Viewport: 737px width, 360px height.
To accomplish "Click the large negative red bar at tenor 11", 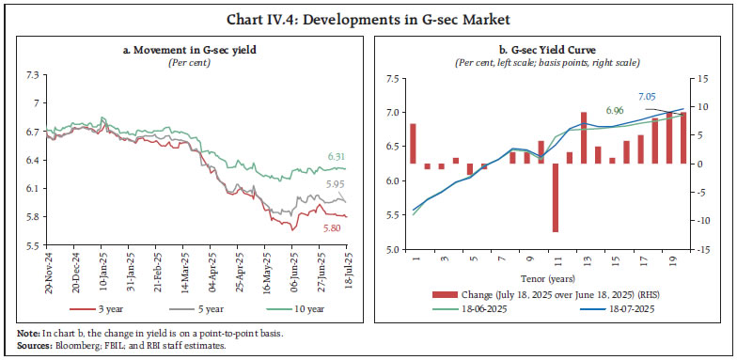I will pos(556,197).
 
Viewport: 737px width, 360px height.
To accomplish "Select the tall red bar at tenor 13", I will pos(584,138).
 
